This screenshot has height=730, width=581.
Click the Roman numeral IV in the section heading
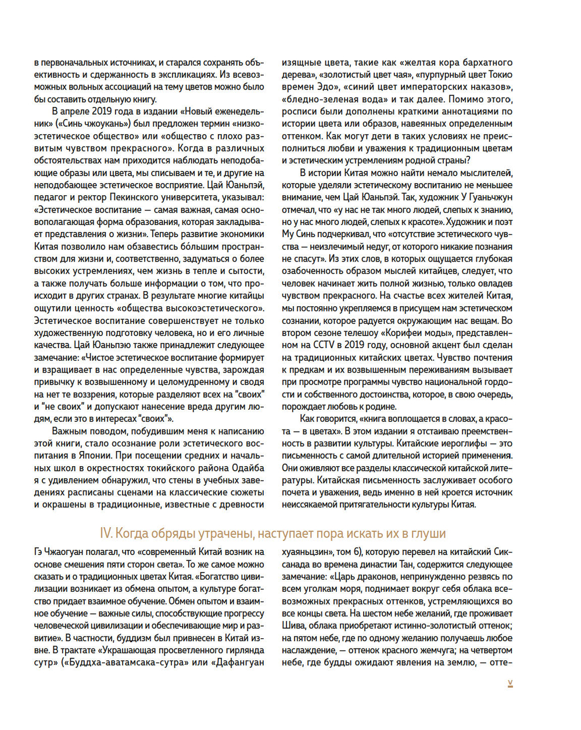(106, 534)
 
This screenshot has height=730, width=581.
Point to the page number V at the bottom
(510, 684)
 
